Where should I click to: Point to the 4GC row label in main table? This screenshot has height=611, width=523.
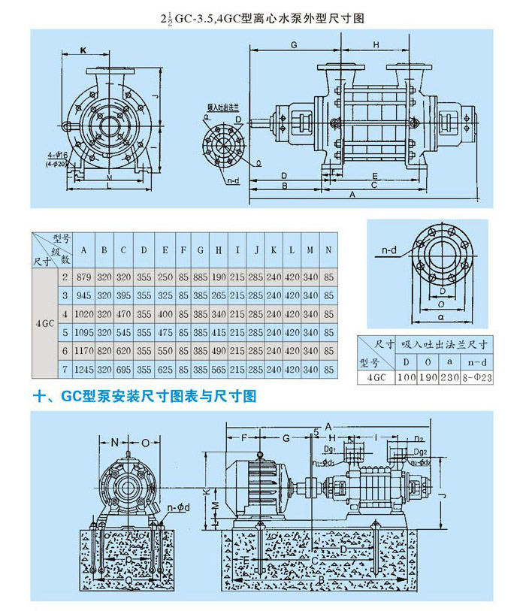click(x=44, y=322)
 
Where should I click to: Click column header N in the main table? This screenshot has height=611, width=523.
click(x=329, y=250)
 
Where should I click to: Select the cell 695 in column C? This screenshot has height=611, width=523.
click(x=123, y=369)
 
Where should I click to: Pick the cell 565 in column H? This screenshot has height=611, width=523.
click(x=219, y=369)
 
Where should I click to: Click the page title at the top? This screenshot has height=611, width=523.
click(x=261, y=17)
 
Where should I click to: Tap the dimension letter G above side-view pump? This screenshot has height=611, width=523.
click(x=295, y=46)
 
